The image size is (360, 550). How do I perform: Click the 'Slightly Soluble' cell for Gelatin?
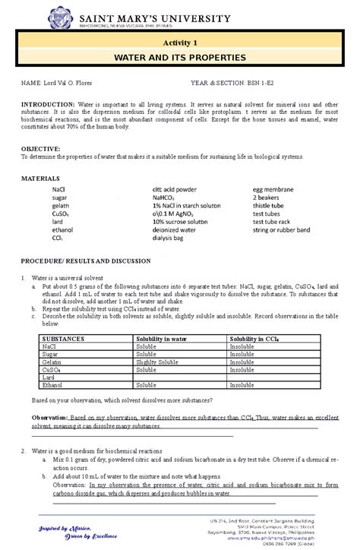(x=158, y=362)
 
